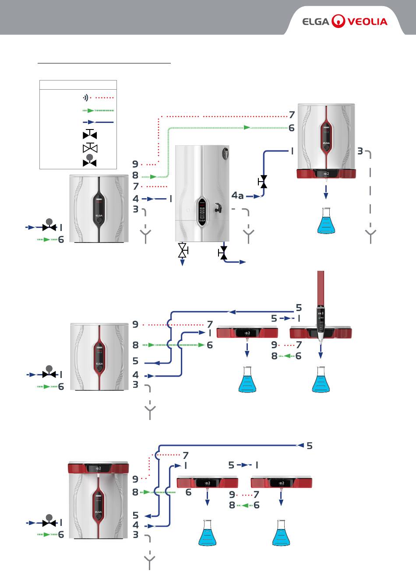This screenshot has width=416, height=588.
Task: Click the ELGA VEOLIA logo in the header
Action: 345,21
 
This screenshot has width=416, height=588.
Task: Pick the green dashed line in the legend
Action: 98,110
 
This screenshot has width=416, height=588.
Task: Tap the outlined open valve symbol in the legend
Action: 90,148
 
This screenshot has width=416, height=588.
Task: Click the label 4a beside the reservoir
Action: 237,196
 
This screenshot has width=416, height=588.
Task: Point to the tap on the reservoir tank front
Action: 217,207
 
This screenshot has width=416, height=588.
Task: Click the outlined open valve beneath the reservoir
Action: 183,251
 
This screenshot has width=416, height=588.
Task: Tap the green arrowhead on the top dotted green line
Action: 247,127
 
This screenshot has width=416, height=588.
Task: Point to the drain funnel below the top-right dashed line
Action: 371,236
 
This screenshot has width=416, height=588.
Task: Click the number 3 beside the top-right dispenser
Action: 360,151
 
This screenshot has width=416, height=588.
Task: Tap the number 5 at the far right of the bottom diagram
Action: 309,446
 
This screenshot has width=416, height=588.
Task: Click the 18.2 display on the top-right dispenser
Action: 326,174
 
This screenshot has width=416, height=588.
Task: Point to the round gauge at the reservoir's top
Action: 226,153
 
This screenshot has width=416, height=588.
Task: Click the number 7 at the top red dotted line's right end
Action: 292,115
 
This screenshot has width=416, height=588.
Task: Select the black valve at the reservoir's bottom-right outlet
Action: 223,252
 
